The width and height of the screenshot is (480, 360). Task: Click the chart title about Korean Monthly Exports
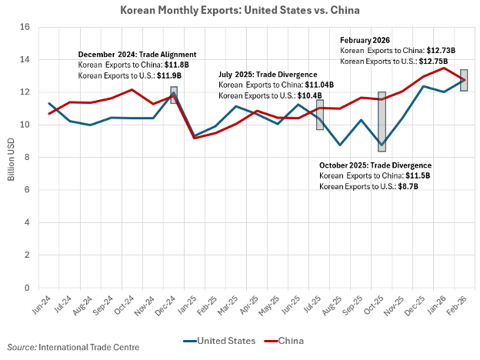pos(240,11)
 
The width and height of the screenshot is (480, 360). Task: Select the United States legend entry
pos(224,340)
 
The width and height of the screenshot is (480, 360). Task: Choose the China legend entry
pos(292,340)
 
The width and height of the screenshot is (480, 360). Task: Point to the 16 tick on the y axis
pos(25,27)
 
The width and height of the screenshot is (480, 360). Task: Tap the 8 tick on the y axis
pos(26,158)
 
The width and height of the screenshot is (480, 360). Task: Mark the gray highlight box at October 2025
pos(382,122)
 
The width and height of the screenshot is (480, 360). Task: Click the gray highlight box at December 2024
pos(174,95)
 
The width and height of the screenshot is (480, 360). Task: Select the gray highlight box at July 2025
pos(319,115)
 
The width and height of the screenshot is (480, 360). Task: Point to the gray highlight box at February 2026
pos(464,80)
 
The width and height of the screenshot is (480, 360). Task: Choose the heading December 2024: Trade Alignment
pos(137,55)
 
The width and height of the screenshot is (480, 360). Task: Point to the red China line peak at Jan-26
pos(443,68)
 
